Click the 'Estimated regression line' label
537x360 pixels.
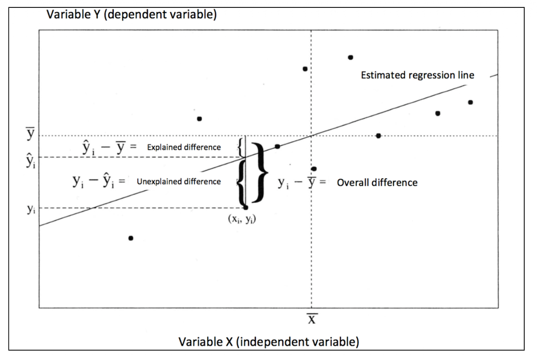pyautogui.click(x=417, y=76)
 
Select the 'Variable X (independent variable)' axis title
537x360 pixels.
pyautogui.click(x=268, y=342)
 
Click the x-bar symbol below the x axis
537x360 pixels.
pyautogui.click(x=311, y=319)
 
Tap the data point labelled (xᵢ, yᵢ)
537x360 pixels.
pyautogui.click(x=246, y=208)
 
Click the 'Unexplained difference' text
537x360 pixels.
pyautogui.click(x=179, y=181)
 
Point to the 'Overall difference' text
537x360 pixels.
pyautogui.click(x=377, y=182)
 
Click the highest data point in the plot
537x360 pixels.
pyautogui.click(x=350, y=57)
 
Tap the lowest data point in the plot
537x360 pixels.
pyautogui.click(x=131, y=238)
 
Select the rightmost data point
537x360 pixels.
pyautogui.click(x=470, y=102)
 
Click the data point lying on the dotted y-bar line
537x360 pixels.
pyautogui.click(x=378, y=136)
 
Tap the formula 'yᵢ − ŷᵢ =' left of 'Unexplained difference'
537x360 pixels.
pyautogui.click(x=96, y=181)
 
